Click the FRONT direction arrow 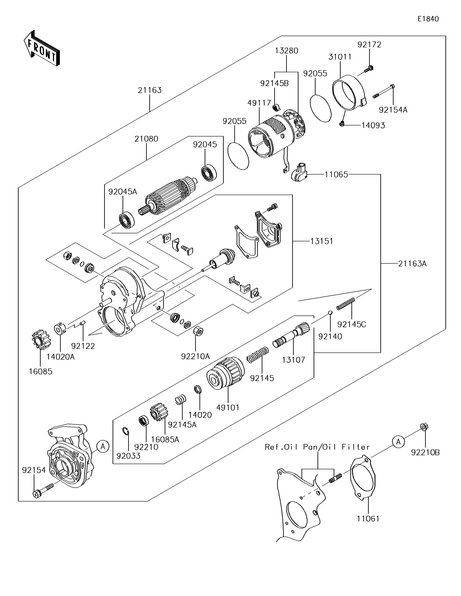pos(41,48)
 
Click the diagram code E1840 pos(428,19)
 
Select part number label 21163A pos(412,264)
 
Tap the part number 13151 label pos(322,241)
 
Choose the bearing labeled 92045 pos(209,173)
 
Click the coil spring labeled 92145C pos(346,304)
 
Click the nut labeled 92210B pos(424,426)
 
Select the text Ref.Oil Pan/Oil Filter pos(317,447)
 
